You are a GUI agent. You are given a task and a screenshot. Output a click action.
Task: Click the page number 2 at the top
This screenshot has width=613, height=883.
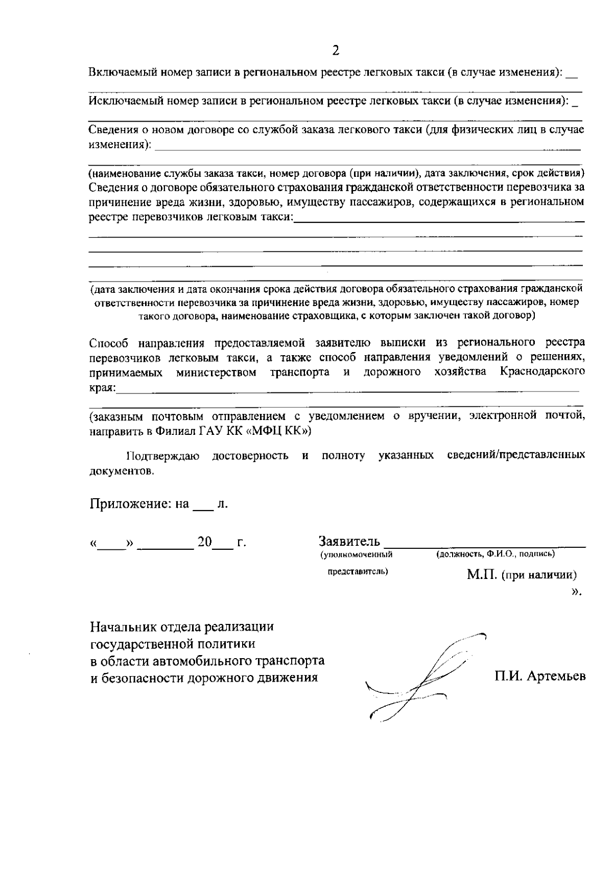pyautogui.click(x=336, y=50)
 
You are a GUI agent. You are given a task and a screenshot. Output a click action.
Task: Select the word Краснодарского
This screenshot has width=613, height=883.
pyautogui.click(x=543, y=371)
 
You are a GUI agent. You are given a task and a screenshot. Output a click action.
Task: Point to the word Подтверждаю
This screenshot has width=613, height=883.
pyautogui.click(x=163, y=455)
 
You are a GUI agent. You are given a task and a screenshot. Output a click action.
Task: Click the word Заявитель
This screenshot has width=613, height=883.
pyautogui.click(x=349, y=541)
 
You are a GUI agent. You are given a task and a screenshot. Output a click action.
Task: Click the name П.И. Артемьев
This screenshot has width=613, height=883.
pyautogui.click(x=539, y=677)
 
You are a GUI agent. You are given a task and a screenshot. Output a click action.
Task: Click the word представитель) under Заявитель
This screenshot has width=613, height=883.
pyautogui.click(x=358, y=571)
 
